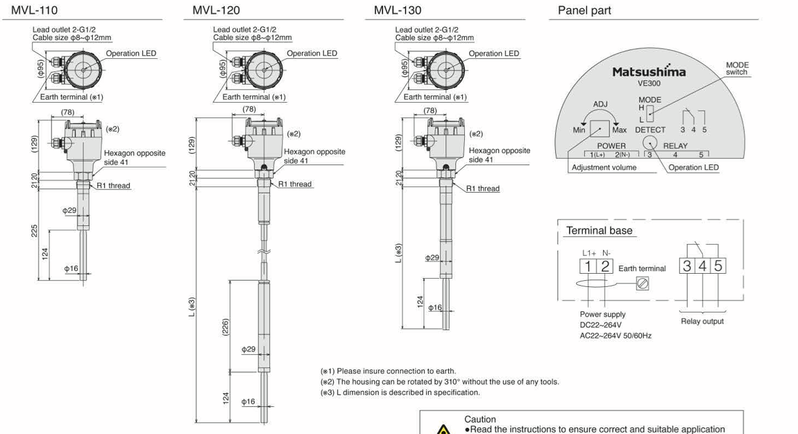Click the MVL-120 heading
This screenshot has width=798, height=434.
click(216, 10)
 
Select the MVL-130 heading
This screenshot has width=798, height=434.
click(398, 10)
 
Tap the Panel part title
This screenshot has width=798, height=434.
click(584, 10)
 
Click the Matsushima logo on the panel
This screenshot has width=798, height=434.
click(648, 71)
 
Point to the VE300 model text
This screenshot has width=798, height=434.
click(649, 83)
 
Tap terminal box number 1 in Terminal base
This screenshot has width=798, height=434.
click(587, 266)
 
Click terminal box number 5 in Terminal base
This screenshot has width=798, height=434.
click(718, 266)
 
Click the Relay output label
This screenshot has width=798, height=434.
click(702, 321)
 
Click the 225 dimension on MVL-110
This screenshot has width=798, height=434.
click(34, 230)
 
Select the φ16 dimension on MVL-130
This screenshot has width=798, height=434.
click(434, 307)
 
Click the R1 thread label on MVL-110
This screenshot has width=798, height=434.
click(113, 186)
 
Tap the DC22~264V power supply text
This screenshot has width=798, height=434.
click(600, 325)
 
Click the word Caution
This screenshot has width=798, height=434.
click(480, 419)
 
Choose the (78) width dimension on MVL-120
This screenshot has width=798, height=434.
click(248, 110)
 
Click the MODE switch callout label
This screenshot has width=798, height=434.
click(737, 69)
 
